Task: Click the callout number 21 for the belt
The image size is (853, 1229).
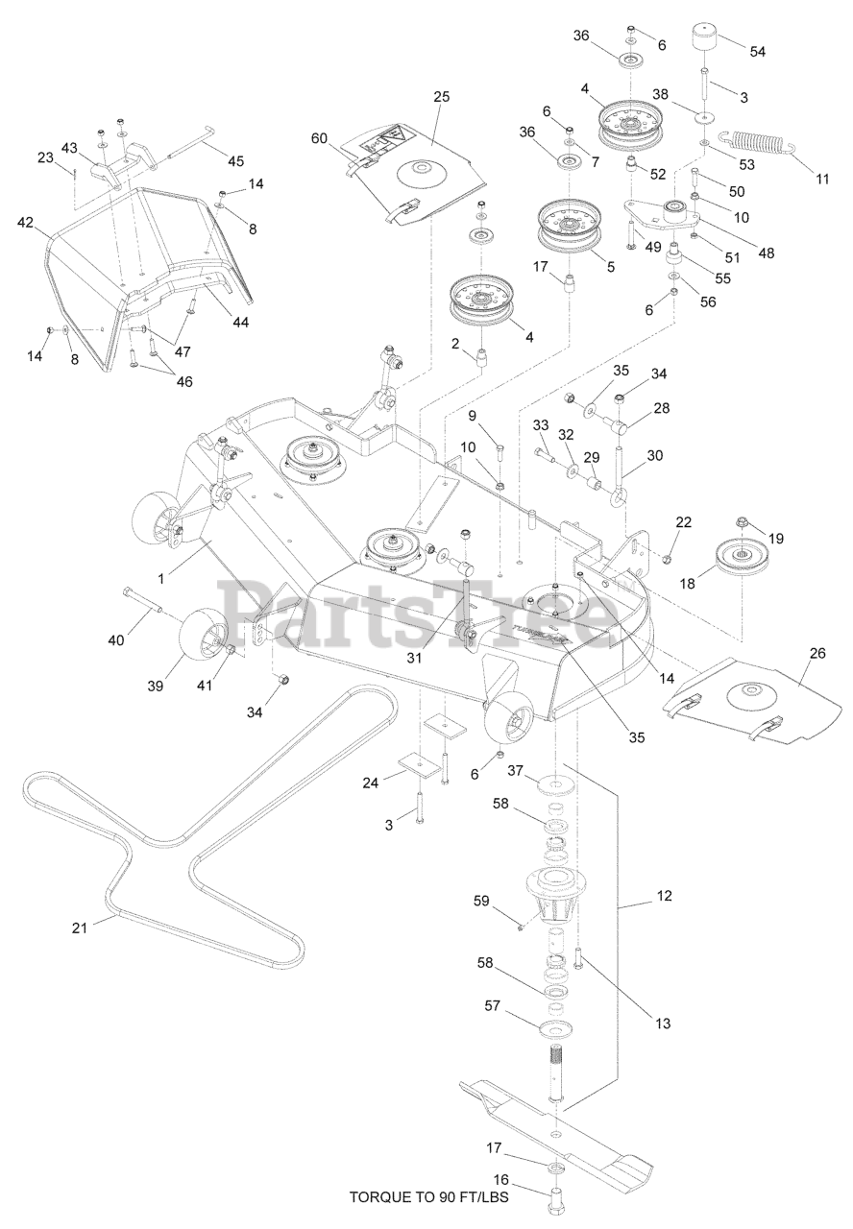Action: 80,927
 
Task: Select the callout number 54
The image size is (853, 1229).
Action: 757,51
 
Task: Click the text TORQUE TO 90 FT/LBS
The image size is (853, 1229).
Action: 428,1197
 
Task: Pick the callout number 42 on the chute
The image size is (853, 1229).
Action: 26,223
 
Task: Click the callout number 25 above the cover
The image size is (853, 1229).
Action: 441,97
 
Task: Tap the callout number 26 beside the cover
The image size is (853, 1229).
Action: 816,653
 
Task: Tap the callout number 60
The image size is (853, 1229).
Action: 319,138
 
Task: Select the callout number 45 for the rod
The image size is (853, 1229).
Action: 234,159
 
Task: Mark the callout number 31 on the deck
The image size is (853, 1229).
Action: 414,658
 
